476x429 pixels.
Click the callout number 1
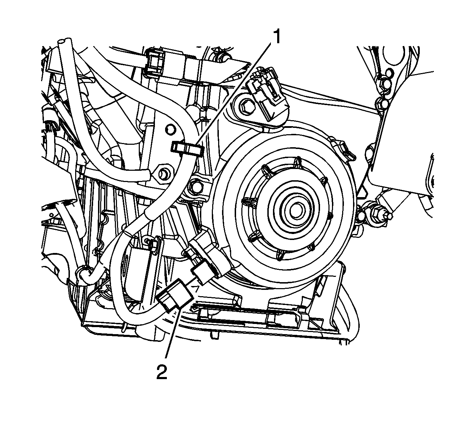pos(277,37)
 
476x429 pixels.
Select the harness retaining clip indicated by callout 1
pos(187,148)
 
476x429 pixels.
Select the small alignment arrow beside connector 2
pos(196,289)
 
